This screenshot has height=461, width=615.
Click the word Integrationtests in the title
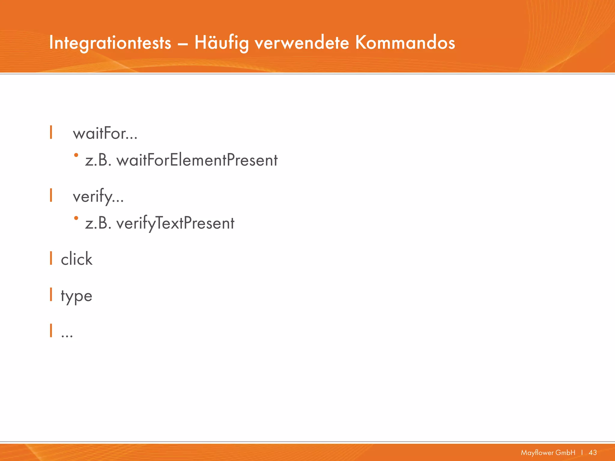(110, 43)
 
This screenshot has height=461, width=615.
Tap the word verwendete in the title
(302, 43)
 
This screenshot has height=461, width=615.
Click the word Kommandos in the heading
(405, 43)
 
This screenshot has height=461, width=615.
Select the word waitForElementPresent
(197, 160)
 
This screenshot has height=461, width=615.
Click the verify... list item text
(98, 197)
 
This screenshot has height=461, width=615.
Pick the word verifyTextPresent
(175, 223)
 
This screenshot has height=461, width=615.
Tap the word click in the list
(77, 259)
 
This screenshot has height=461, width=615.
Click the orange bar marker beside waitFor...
(51, 132)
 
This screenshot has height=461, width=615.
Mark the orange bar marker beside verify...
(51, 195)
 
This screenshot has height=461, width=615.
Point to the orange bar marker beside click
(51, 258)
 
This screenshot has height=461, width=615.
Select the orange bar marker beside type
(51, 294)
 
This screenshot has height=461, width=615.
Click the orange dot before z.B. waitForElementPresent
(76, 155)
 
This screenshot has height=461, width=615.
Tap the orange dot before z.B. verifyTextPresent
(76, 218)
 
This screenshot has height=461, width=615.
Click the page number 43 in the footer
(593, 453)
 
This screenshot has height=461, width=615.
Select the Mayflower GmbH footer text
(548, 453)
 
